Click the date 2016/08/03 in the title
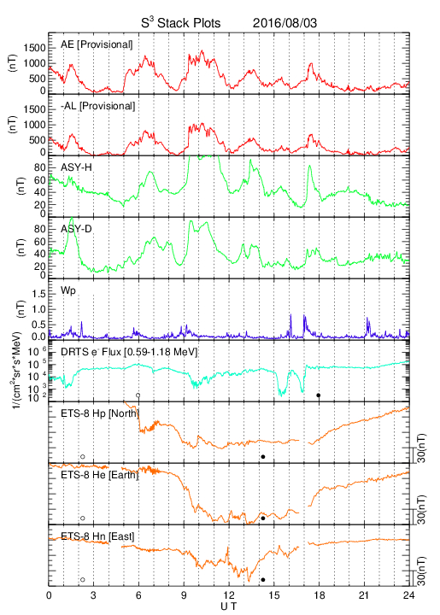pos(285,23)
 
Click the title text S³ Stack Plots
pos(180,23)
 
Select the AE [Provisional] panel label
pos(97,44)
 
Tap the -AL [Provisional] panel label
pos(97,106)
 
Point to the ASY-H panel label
pos(76,167)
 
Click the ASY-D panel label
pos(76,229)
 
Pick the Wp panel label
pos(67,291)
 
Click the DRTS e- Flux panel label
pos(129,352)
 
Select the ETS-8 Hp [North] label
pos(100,413)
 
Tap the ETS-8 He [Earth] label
pos(100,475)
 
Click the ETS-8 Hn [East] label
pos(97,536)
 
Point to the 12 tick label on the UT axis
pos(229,595)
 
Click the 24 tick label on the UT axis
pos(408,595)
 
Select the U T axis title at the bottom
pos(229,606)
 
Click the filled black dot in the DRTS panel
pos(319,395)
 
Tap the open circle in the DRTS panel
pos(138,395)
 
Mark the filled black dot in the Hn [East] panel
pos(263,580)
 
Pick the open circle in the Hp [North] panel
pos(82,456)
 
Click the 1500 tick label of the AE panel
pos(34,48)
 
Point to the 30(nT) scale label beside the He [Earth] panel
pos(421,509)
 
